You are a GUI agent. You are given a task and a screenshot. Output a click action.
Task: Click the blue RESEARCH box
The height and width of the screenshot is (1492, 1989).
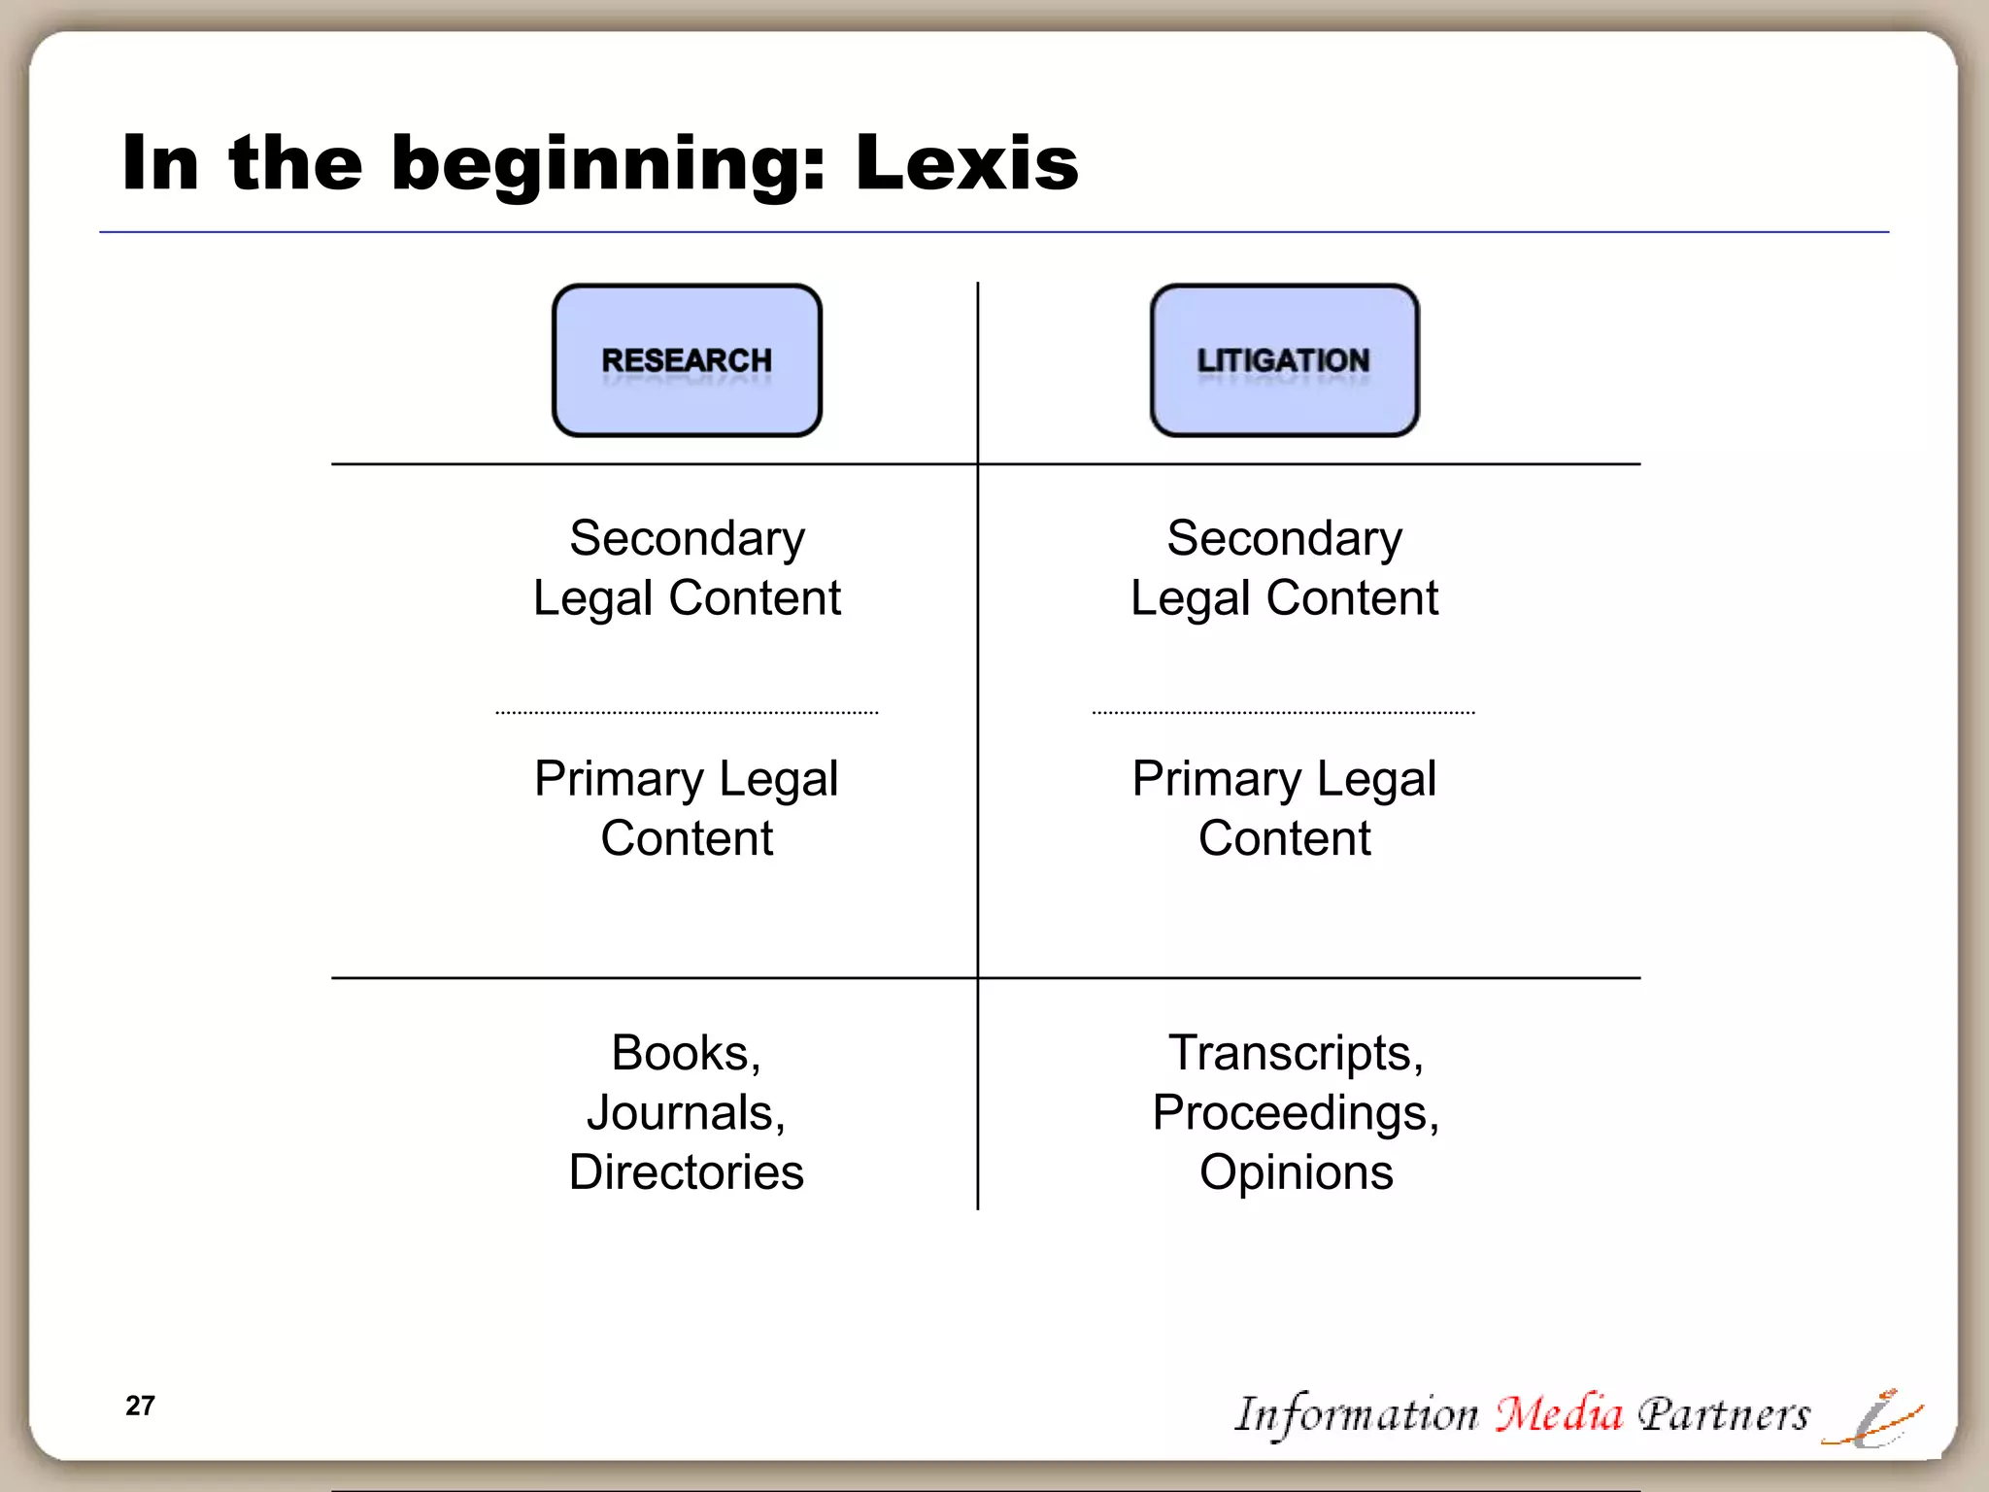687,360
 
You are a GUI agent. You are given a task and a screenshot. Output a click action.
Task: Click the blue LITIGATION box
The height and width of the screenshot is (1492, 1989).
1284,360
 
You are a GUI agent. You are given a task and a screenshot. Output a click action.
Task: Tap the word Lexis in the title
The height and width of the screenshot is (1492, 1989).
966,163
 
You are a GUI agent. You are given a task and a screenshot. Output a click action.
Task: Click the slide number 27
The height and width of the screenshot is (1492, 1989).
140,1406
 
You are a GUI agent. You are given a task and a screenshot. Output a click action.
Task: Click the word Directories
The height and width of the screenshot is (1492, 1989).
686,1172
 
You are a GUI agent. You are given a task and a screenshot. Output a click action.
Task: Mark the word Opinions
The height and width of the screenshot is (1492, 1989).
1296,1172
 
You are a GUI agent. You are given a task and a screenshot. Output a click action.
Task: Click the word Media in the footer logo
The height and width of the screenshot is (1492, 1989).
1558,1413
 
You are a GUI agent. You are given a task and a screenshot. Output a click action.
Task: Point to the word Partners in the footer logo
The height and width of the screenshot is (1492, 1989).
1724,1414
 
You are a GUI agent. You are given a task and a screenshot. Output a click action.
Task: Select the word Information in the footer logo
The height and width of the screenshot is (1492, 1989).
1356,1414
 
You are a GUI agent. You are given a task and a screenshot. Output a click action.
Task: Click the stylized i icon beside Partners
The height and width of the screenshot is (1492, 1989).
1874,1419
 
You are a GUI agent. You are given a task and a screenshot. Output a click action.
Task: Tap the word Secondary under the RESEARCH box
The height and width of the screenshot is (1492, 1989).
687,538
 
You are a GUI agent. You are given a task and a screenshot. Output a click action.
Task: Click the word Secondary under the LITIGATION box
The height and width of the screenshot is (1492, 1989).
1284,538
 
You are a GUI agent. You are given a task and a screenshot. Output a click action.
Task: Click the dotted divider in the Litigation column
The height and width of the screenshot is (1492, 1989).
1283,713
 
